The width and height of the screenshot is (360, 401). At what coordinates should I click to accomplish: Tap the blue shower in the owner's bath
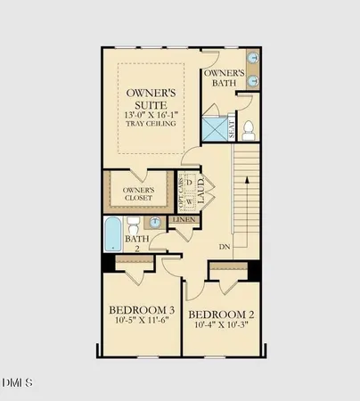[x=215, y=127]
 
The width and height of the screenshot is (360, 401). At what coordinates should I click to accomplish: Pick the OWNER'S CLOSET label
[x=145, y=194]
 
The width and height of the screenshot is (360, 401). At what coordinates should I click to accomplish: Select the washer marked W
[x=189, y=200]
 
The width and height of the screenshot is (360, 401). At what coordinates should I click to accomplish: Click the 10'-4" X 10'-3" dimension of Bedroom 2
[x=221, y=327]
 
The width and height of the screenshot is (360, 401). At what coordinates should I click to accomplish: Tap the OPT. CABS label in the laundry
[x=181, y=192]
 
